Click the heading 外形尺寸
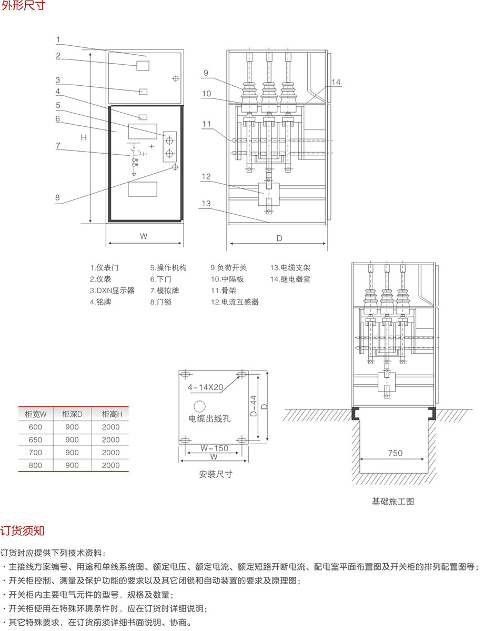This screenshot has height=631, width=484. (24, 7)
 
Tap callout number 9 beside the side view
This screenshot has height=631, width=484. (206, 73)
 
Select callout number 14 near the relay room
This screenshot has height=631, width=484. (337, 82)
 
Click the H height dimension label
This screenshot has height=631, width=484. (83, 137)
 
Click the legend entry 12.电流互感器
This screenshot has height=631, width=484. (235, 302)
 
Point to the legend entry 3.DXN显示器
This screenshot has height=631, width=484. (112, 291)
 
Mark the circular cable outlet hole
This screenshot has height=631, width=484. (199, 406)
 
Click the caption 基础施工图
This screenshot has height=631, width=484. (393, 502)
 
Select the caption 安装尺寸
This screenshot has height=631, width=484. (216, 474)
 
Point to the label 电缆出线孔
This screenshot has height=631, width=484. (210, 419)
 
